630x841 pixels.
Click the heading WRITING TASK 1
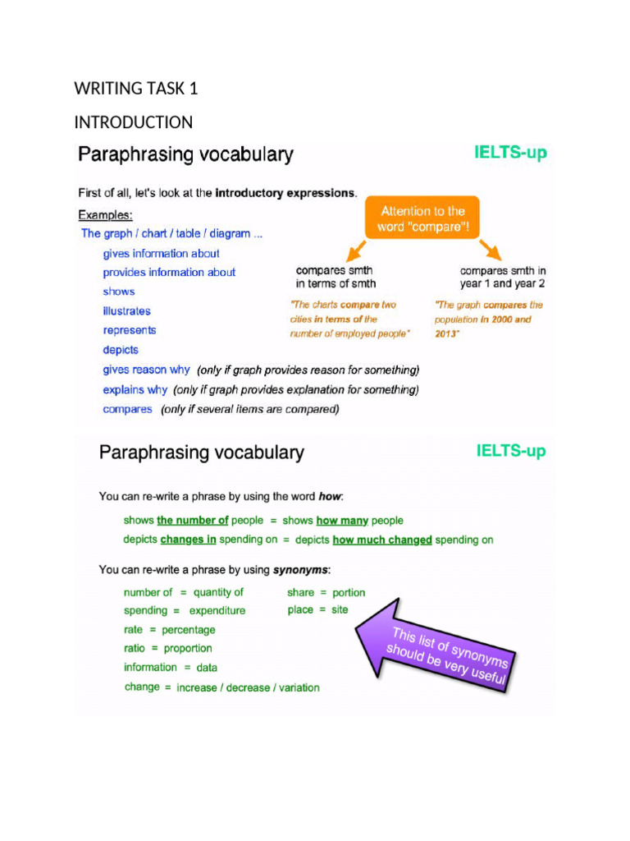click(136, 89)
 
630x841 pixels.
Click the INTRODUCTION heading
click(134, 122)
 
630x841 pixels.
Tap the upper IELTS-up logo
click(510, 153)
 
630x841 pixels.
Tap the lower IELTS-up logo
click(510, 451)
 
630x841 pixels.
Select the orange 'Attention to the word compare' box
click(422, 218)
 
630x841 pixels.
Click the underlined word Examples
click(104, 215)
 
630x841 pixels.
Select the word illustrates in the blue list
click(127, 311)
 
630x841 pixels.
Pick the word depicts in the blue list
click(121, 350)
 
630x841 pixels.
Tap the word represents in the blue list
click(130, 330)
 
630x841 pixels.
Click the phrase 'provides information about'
click(169, 273)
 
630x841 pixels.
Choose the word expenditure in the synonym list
click(217, 611)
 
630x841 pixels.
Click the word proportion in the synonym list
click(188, 649)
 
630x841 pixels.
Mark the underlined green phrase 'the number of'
click(193, 521)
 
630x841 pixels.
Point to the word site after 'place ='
click(340, 610)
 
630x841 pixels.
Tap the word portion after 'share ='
click(349, 592)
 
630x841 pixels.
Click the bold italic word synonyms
click(300, 570)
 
